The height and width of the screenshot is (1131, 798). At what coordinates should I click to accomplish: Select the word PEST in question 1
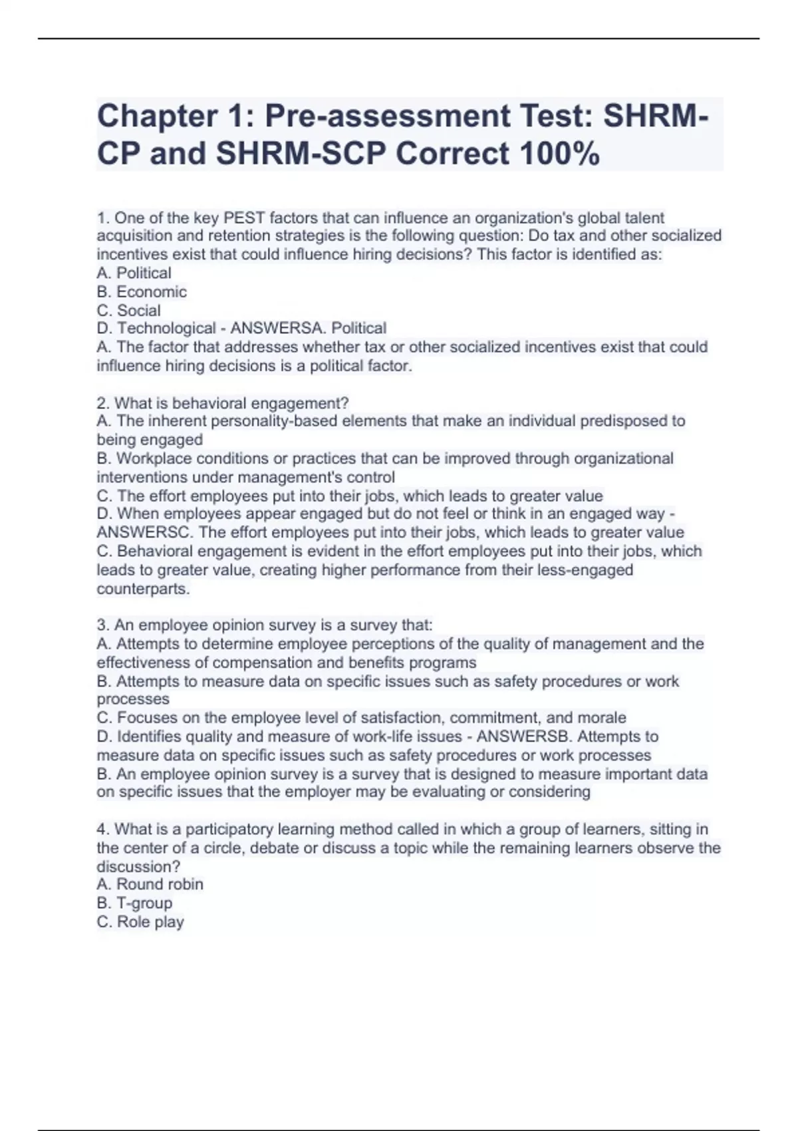tap(244, 218)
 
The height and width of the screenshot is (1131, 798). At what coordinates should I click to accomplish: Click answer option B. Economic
tap(142, 291)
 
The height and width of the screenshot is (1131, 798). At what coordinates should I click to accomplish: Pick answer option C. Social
tap(129, 310)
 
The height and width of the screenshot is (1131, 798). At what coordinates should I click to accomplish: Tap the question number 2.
tap(102, 403)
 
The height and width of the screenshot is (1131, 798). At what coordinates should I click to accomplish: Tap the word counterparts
tap(143, 589)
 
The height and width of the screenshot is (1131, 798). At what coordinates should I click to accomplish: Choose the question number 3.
tap(102, 625)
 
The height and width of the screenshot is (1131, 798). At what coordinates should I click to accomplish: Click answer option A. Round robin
tap(150, 884)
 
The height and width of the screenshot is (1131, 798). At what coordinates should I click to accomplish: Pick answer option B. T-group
tap(134, 903)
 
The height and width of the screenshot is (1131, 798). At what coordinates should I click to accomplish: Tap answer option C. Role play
tap(140, 921)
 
